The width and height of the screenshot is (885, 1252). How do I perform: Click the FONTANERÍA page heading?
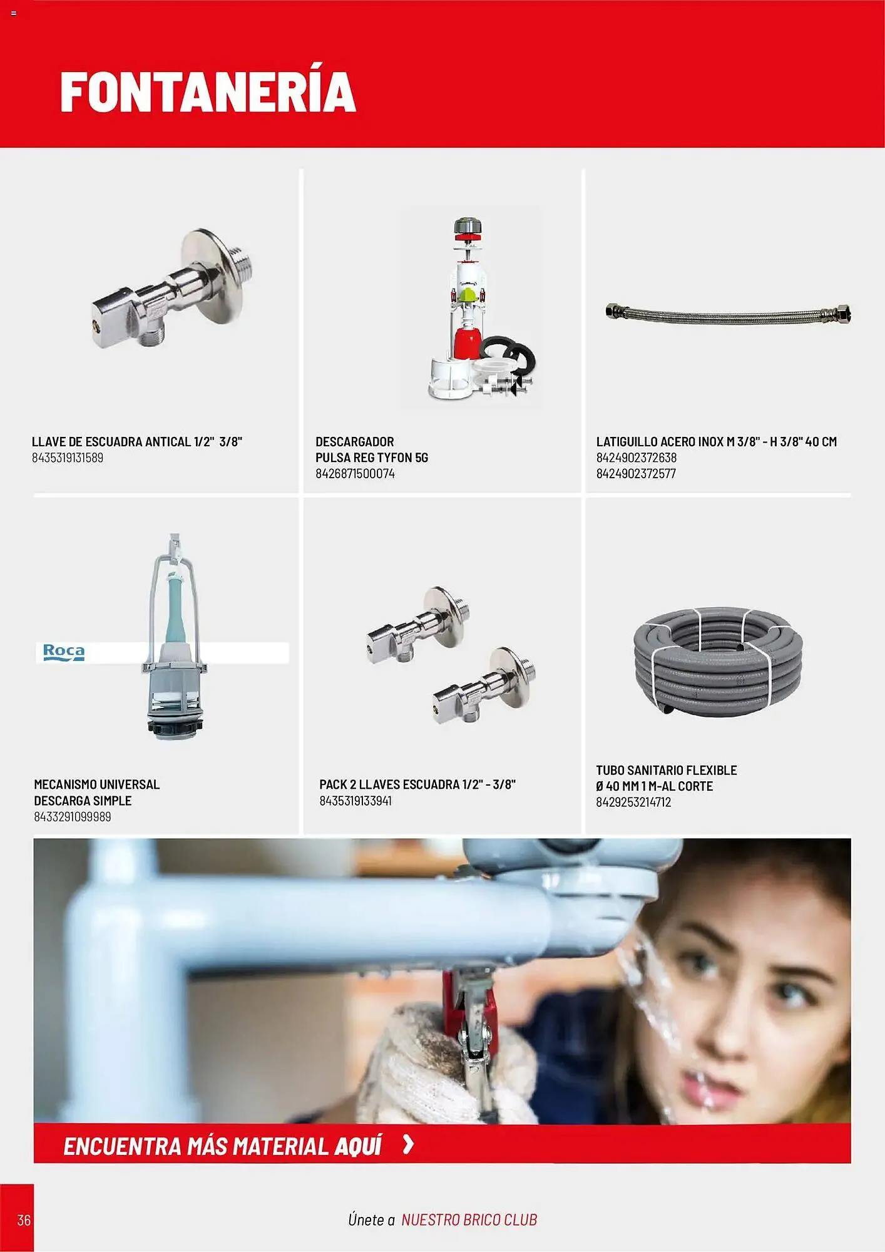click(208, 91)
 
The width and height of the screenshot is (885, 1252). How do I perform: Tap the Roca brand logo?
click(63, 652)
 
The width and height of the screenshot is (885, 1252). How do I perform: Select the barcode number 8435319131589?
click(68, 458)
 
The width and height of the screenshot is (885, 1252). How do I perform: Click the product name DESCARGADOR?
click(355, 441)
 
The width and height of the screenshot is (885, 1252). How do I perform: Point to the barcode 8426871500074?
click(355, 474)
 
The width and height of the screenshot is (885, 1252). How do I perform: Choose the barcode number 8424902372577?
click(636, 474)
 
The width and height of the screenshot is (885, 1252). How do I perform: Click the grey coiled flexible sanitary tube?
click(717, 660)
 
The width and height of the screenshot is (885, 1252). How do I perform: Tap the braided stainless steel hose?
click(728, 313)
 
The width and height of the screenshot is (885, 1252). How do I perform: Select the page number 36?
click(24, 1220)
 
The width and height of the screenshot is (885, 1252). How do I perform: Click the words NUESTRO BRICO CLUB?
click(469, 1220)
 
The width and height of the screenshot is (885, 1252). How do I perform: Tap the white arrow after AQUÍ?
click(408, 1145)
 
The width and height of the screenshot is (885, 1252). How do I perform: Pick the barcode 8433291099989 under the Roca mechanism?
click(73, 817)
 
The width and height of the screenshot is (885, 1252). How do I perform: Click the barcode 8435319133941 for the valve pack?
click(356, 801)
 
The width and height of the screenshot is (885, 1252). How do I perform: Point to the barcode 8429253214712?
click(633, 802)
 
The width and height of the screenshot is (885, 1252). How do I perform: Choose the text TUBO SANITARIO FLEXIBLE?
click(666, 770)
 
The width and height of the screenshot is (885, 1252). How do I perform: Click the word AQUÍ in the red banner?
click(357, 1146)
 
